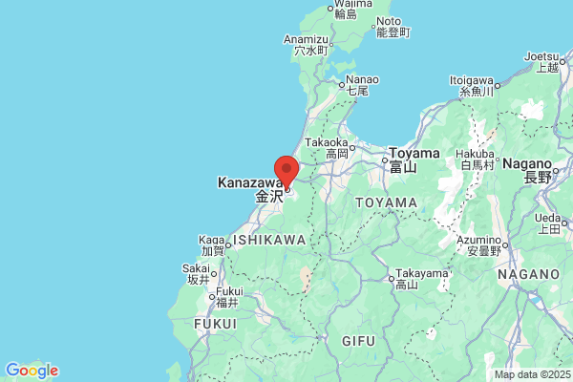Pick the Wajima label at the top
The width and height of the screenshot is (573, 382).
[350, 4]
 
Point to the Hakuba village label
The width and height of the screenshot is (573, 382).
[475, 153]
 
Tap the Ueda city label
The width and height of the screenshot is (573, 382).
[548, 217]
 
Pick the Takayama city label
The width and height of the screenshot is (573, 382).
[421, 272]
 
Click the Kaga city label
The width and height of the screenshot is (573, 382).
[211, 239]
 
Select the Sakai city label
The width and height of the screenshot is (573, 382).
[198, 268]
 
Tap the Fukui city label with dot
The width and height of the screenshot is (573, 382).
[227, 291]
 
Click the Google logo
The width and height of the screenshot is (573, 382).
[32, 371]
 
